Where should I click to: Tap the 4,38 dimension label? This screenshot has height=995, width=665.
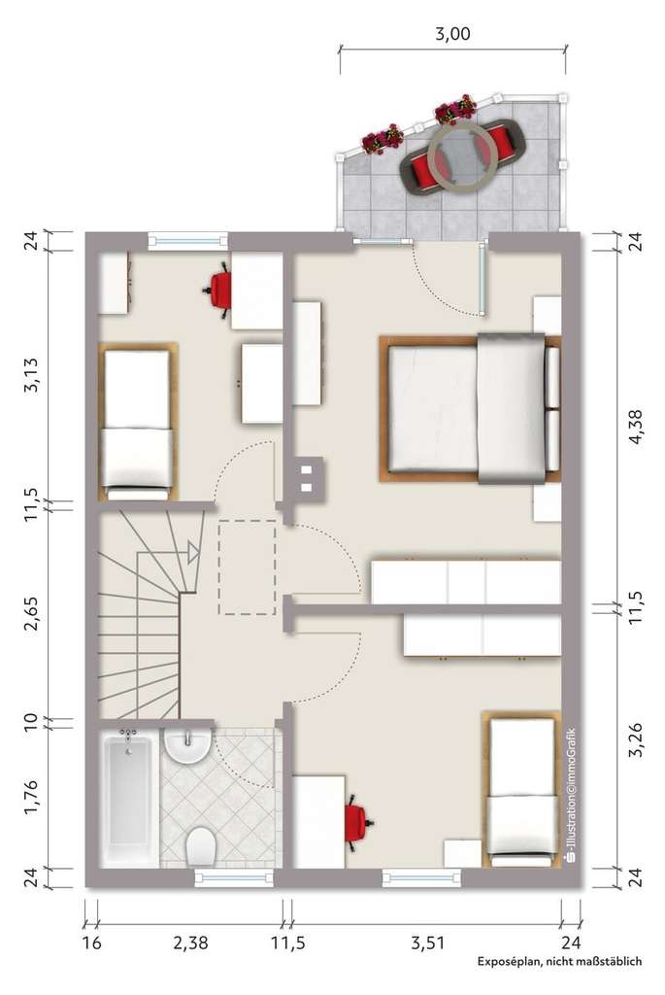636,426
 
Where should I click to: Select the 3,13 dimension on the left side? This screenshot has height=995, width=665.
32,373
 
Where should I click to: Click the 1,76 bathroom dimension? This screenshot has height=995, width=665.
32,796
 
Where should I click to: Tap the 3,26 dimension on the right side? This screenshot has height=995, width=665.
636,739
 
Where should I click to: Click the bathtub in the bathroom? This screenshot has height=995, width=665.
127,797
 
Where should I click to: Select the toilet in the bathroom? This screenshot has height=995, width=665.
201,845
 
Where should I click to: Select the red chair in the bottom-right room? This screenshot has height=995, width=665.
357,820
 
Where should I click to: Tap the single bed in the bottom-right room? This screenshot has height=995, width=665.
522,789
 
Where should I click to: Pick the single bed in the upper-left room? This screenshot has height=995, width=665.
137,422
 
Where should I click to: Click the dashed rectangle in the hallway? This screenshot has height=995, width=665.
248,568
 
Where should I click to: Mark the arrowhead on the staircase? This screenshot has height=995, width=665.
193,553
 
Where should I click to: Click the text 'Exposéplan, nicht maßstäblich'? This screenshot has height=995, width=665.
559,962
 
